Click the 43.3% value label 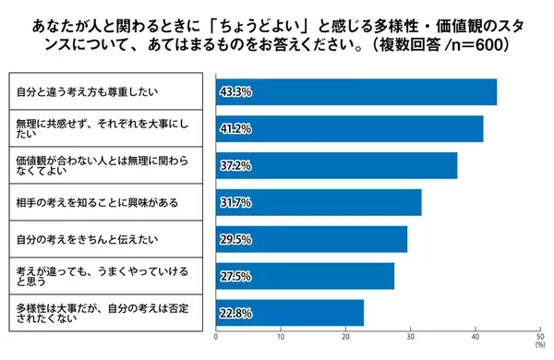coord(235,92)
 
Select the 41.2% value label coord(235,129)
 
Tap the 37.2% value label coord(235,166)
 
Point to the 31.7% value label coord(235,202)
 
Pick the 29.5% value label coord(235,239)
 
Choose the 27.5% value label coord(235,276)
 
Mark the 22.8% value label coord(235,313)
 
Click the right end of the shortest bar coord(363,313)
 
